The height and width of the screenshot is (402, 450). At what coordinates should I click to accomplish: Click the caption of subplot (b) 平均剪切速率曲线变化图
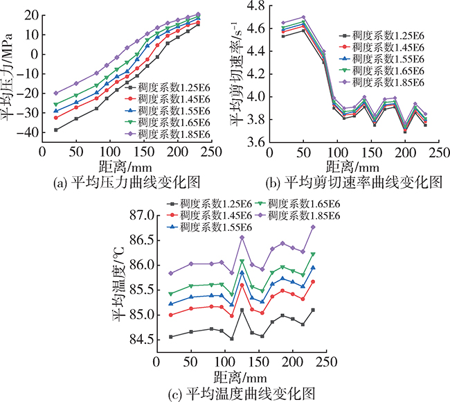[x=353, y=182]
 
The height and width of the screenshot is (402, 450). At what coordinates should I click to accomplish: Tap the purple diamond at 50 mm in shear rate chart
[x=303, y=17]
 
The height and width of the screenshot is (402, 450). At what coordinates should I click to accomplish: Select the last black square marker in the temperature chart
[x=313, y=310]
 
